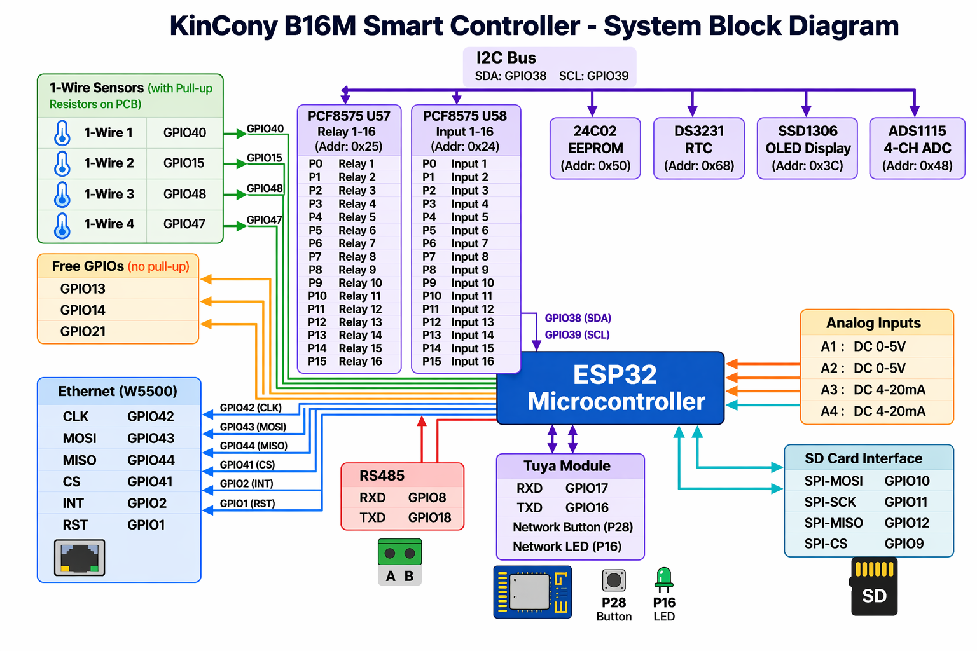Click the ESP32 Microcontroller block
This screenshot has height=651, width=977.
pyautogui.click(x=611, y=388)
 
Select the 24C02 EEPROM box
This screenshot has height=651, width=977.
pyautogui.click(x=595, y=148)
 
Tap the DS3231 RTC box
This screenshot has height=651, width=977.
pyautogui.click(x=698, y=148)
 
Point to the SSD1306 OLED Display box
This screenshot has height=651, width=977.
pyautogui.click(x=807, y=148)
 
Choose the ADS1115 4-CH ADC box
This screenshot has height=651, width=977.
pyautogui.click(x=917, y=148)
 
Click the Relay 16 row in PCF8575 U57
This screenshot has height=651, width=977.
pyautogui.click(x=349, y=362)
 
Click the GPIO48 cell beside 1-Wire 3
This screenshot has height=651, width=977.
pyautogui.click(x=184, y=194)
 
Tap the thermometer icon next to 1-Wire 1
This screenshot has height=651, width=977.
pyautogui.click(x=62, y=133)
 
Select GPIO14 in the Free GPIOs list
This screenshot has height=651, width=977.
pyautogui.click(x=83, y=310)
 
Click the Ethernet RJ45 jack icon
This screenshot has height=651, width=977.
pyautogui.click(x=80, y=558)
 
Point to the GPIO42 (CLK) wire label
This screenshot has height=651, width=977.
pyautogui.click(x=251, y=408)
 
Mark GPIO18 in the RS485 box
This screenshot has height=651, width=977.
pyautogui.click(x=429, y=517)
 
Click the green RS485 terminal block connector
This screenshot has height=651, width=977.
pyautogui.click(x=399, y=552)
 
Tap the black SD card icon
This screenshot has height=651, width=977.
pyautogui.click(x=874, y=586)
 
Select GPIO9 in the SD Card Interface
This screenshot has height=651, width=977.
pyautogui.click(x=904, y=544)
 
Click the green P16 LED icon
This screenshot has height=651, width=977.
pyautogui.click(x=663, y=579)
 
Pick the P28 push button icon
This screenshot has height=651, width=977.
pyautogui.click(x=614, y=580)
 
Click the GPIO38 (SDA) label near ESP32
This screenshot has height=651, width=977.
pyautogui.click(x=578, y=318)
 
